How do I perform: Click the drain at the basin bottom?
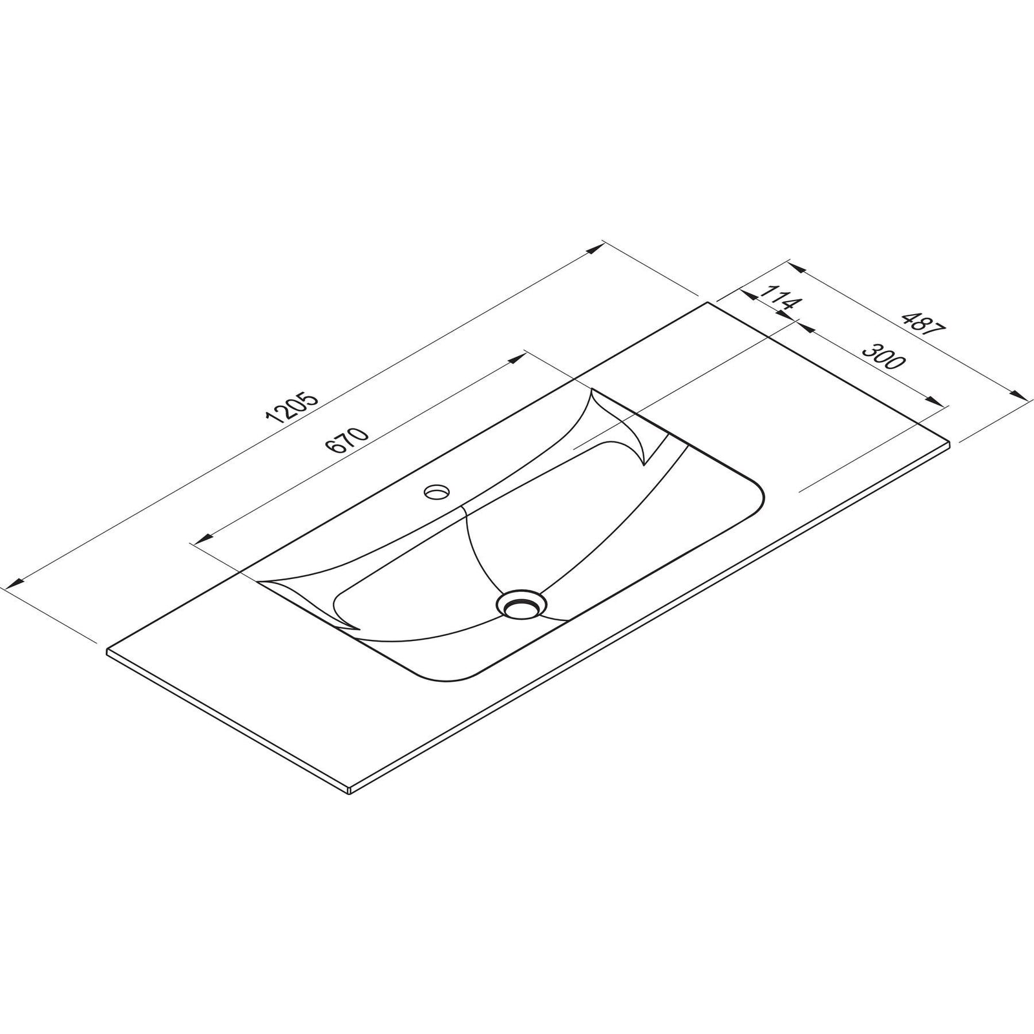point(522,604)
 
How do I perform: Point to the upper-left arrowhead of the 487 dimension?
point(796,266)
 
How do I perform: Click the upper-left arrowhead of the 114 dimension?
point(748,294)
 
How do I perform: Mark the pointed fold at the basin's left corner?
point(352,628)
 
